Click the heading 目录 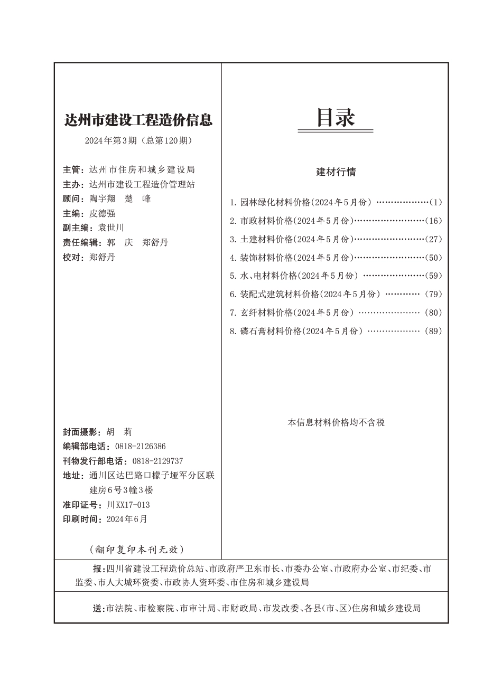pyautogui.click(x=336, y=118)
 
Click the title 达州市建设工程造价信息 pyautogui.click(x=137, y=120)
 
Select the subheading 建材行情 pyautogui.click(x=336, y=172)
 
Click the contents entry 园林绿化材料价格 pyautogui.click(x=275, y=202)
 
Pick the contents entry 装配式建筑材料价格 pyautogui.click(x=280, y=294)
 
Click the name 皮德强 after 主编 pyautogui.click(x=103, y=213)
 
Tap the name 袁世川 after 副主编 pyautogui.click(x=111, y=228)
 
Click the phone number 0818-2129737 pyautogui.click(x=157, y=461)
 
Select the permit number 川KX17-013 pyautogui.click(x=128, y=505)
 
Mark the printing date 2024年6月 pyautogui.click(x=127, y=519)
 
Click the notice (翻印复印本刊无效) pyautogui.click(x=137, y=549)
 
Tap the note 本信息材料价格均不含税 pyautogui.click(x=336, y=422)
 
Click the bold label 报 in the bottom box pyautogui.click(x=98, y=569)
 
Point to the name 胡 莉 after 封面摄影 pyautogui.click(x=115, y=432)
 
